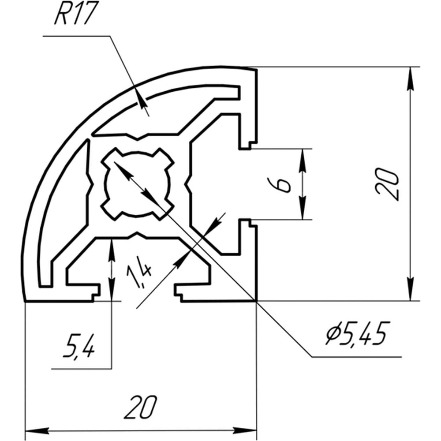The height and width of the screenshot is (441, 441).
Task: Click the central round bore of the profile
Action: [138, 184]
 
